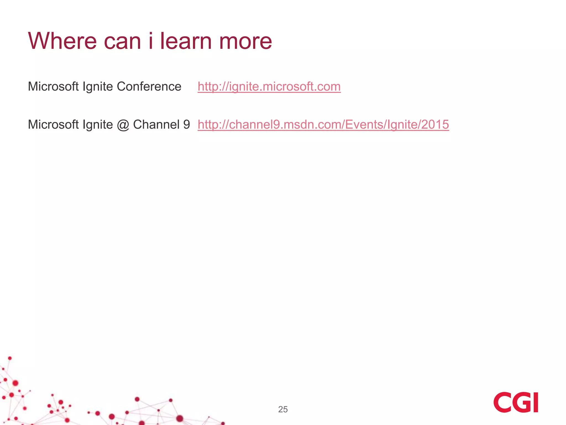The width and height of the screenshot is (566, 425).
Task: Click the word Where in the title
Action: click(x=62, y=41)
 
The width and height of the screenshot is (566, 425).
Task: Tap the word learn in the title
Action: click(x=186, y=41)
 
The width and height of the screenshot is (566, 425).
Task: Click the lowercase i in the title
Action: click(x=151, y=41)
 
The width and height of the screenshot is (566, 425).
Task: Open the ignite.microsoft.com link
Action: click(x=269, y=87)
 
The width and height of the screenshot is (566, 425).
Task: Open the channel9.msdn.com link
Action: click(x=323, y=125)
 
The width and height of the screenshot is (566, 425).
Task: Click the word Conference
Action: click(x=149, y=87)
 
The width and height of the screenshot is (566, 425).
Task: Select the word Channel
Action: click(x=156, y=125)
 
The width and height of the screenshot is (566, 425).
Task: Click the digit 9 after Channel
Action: click(x=187, y=125)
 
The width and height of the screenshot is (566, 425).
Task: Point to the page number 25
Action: click(x=283, y=409)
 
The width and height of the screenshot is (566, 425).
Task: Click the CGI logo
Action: click(x=516, y=402)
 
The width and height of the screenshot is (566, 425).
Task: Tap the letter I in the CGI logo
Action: click(x=535, y=402)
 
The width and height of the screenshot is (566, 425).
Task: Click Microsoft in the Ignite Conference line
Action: click(x=53, y=87)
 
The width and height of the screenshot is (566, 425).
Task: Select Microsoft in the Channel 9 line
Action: click(x=53, y=125)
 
